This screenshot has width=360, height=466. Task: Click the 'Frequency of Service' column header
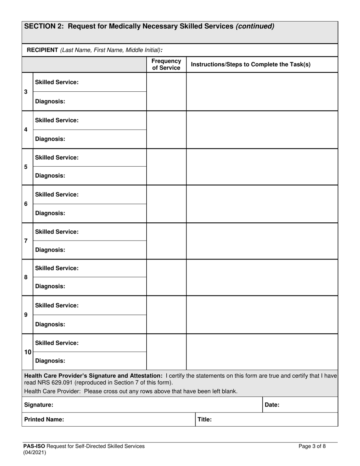[x=166, y=64]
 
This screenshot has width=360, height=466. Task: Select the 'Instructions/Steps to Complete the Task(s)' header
[x=250, y=64]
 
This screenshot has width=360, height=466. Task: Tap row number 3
[x=26, y=92]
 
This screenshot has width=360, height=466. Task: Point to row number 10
[x=28, y=352]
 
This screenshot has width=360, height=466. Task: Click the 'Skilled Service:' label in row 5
[x=57, y=157]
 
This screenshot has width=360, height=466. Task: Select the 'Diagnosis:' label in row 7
[x=50, y=250]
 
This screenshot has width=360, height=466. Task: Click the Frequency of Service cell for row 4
[x=166, y=130]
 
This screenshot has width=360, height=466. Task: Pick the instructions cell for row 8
[x=261, y=277]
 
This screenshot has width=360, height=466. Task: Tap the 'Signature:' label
[x=39, y=405]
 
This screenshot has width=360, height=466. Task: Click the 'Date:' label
[x=272, y=405]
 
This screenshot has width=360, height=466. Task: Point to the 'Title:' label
[x=204, y=419]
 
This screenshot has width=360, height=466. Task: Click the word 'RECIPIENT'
[x=42, y=50]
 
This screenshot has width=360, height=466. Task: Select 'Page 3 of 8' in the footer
[x=312, y=446]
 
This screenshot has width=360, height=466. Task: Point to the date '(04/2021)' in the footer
[x=34, y=452]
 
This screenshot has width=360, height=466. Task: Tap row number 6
[x=26, y=204]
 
